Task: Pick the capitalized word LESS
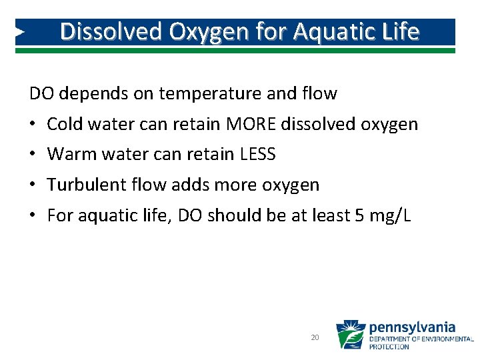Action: click(x=257, y=155)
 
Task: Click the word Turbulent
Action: click(x=86, y=185)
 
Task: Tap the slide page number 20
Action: click(x=315, y=338)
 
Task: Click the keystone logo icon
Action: click(x=350, y=335)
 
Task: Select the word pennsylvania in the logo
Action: click(x=412, y=327)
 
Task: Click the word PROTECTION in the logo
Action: click(x=389, y=347)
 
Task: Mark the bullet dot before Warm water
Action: click(x=33, y=155)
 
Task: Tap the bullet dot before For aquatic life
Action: click(x=33, y=216)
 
